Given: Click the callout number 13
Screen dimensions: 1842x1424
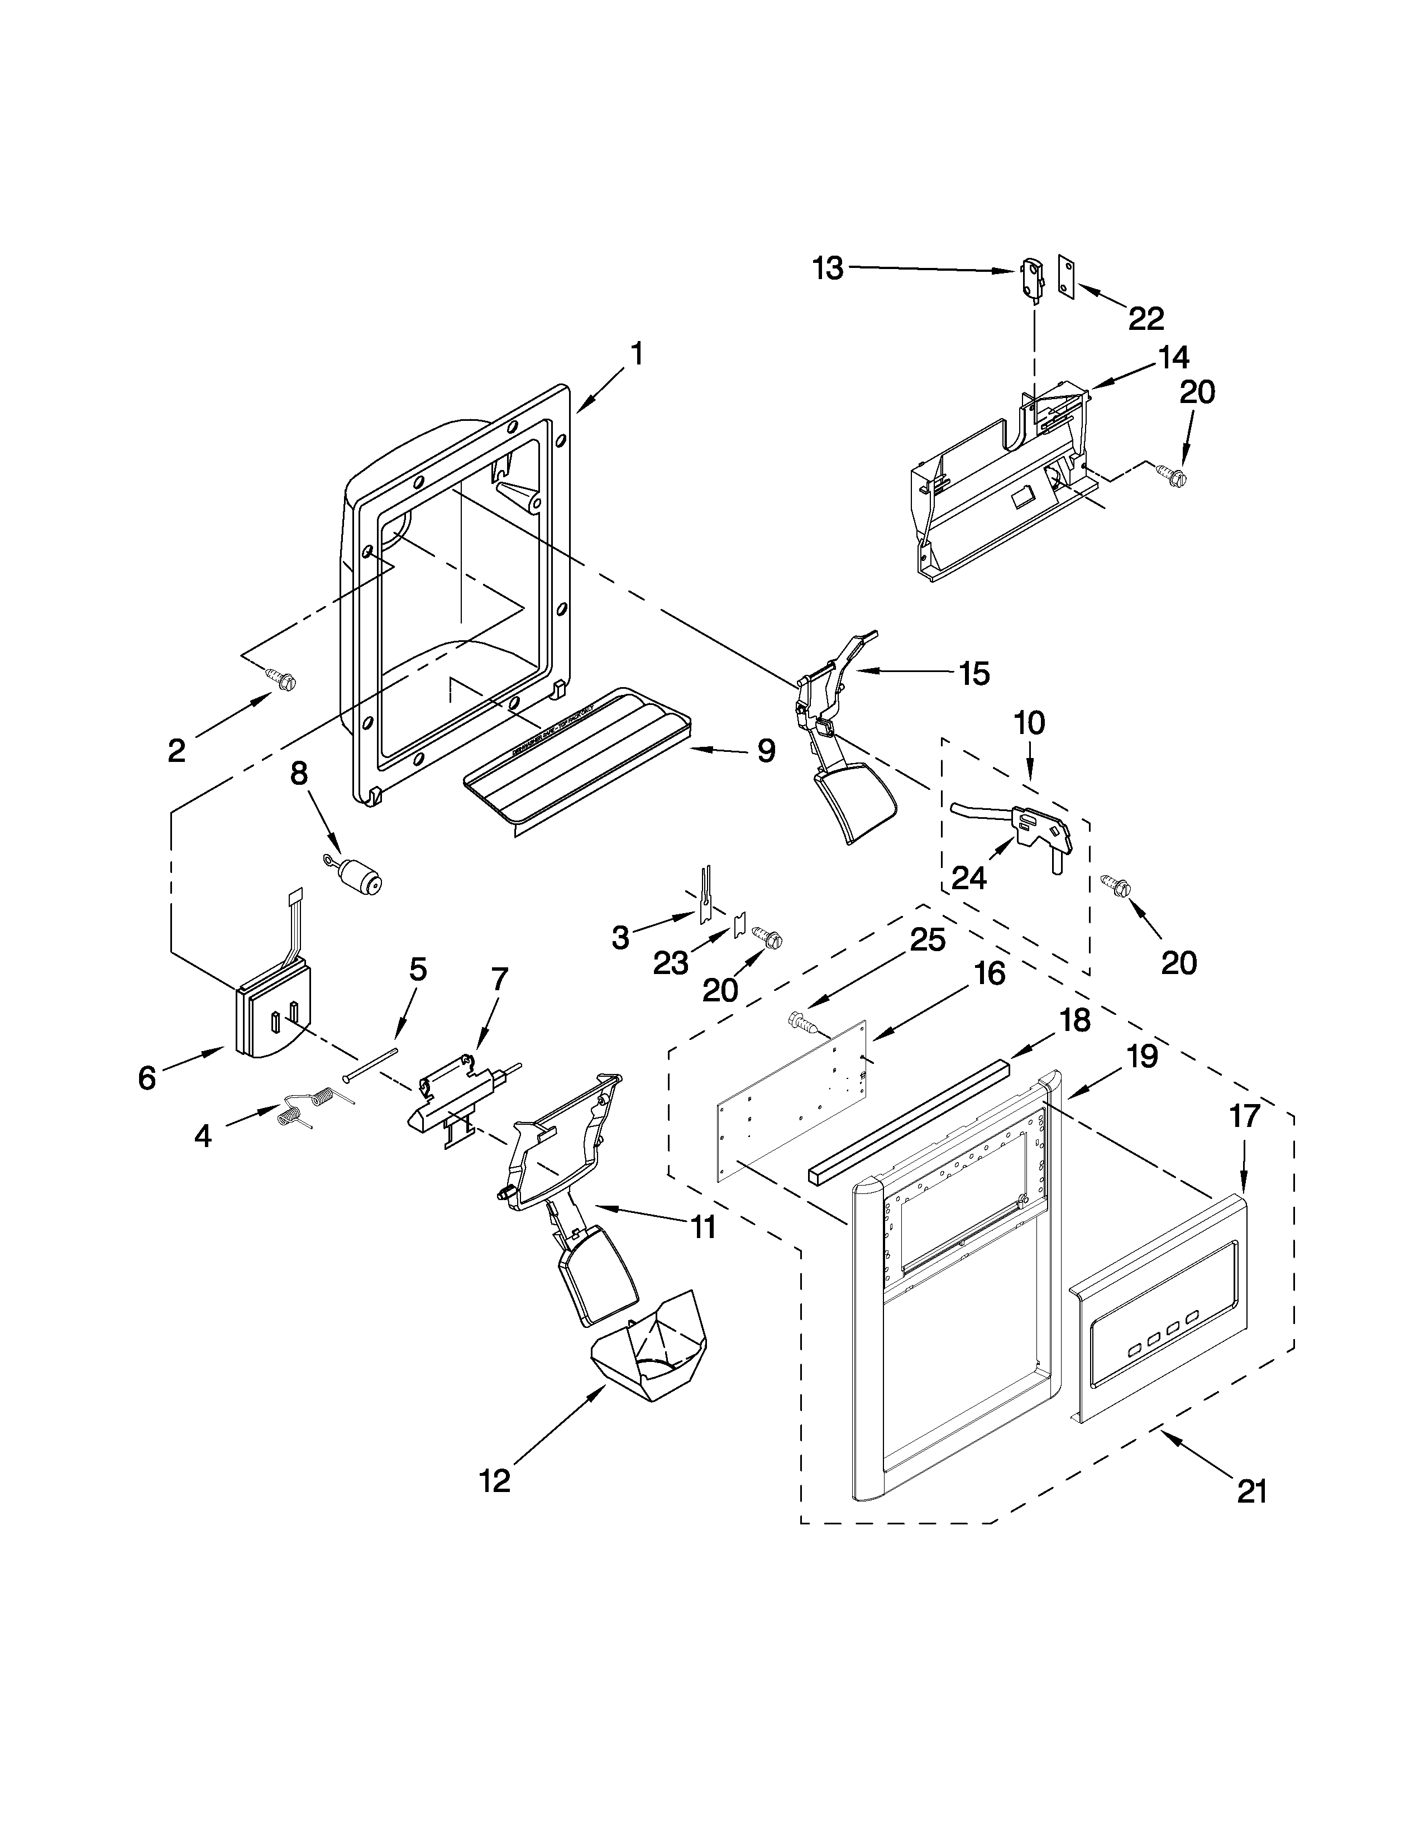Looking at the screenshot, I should tap(828, 269).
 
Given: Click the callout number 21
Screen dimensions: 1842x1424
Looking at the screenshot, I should tap(1252, 1492).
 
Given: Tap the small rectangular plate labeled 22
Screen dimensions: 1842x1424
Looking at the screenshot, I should tap(1066, 279).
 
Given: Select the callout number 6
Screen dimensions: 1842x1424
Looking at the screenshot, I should tap(147, 1077).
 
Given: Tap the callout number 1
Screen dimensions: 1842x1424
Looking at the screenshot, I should tap(637, 355).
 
